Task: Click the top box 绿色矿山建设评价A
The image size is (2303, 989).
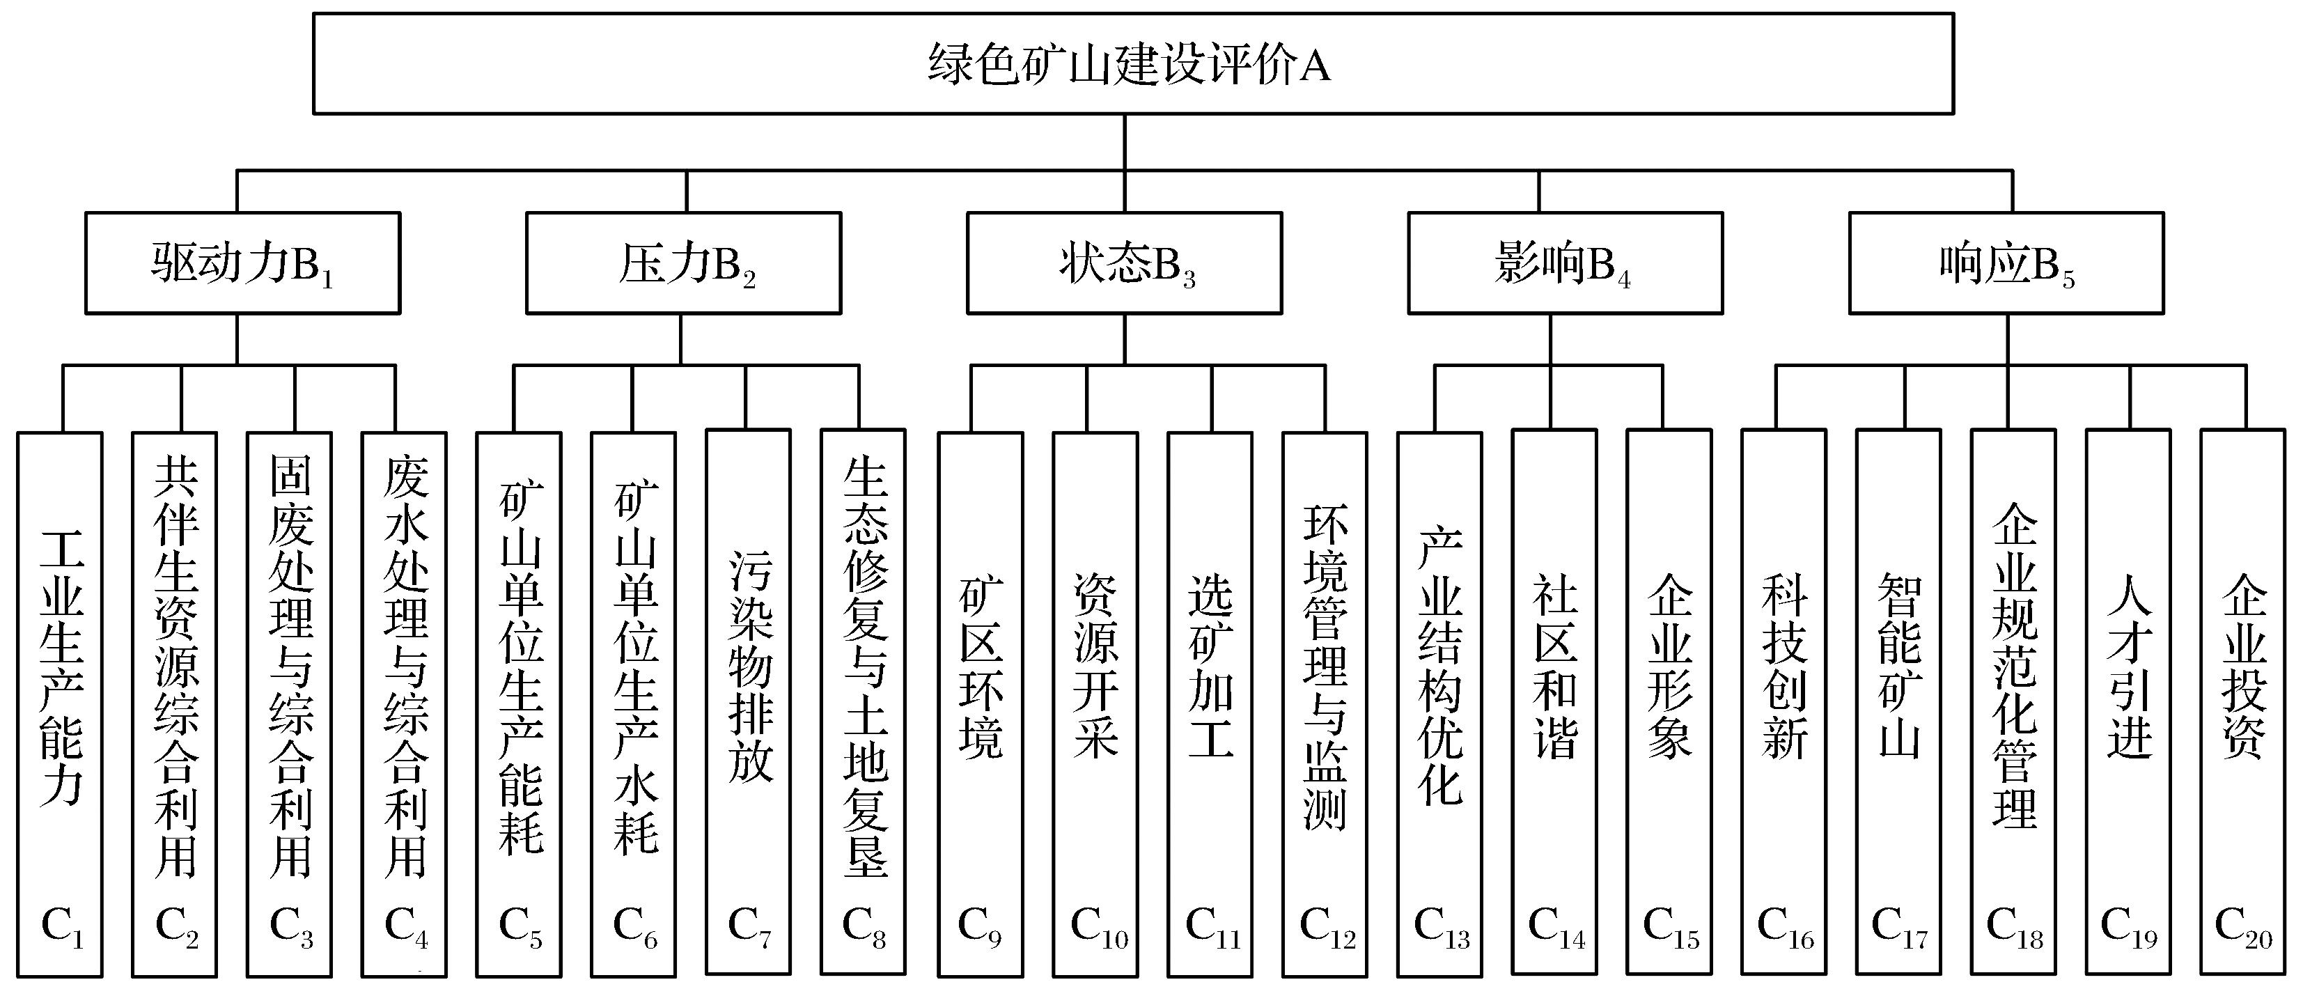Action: (x=1133, y=63)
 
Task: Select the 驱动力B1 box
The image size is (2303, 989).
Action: (x=242, y=263)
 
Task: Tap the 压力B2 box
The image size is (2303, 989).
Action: (x=683, y=263)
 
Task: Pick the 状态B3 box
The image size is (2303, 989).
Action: (x=1124, y=263)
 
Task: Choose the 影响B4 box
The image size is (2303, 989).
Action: (x=1565, y=263)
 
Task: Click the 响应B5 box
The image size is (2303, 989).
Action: (x=2006, y=263)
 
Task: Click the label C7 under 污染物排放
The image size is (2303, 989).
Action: (x=749, y=926)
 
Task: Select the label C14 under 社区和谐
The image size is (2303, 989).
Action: (x=1556, y=926)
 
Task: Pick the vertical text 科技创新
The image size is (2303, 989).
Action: (x=1783, y=667)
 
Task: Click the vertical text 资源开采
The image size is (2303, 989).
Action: (x=1095, y=667)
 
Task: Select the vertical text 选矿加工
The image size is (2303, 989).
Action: (x=1210, y=667)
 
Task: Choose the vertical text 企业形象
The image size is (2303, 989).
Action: (x=1669, y=667)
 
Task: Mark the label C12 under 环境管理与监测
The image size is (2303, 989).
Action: (x=1327, y=926)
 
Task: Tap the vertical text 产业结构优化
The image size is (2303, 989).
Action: (x=1440, y=667)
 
